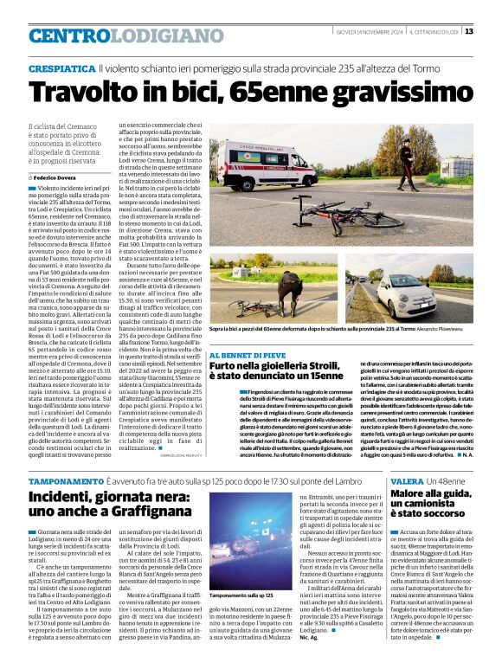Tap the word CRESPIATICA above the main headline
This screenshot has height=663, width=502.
coord(61,68)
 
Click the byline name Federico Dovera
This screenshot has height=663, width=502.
coord(57,177)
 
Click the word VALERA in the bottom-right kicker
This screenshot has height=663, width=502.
coord(407,481)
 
